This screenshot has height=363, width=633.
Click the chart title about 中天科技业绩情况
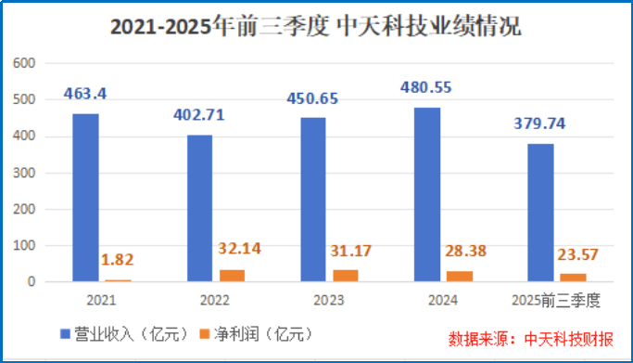(x=316, y=27)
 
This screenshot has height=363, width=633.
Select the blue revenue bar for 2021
(x=86, y=197)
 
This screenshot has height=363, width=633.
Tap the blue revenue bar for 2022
(x=199, y=208)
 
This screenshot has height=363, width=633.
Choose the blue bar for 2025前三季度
(x=540, y=212)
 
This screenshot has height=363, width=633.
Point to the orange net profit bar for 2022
(x=232, y=275)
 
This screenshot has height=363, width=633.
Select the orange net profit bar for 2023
(x=345, y=275)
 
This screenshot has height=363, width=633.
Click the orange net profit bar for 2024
(x=458, y=276)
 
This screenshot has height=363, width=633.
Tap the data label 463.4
(x=85, y=94)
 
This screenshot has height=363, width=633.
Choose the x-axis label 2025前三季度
(x=556, y=301)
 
